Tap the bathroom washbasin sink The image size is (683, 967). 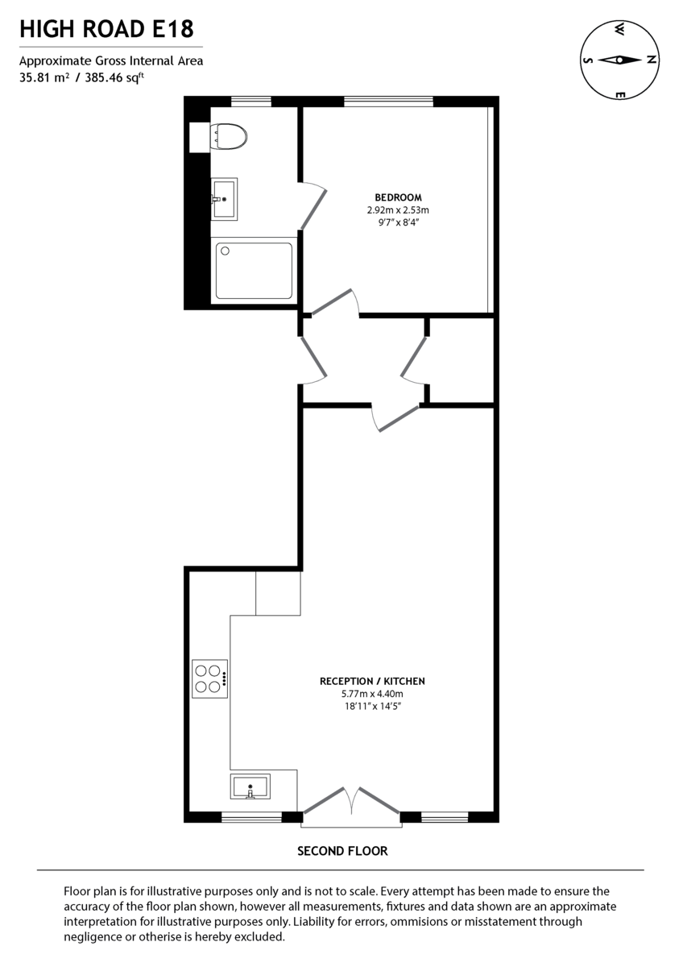224,198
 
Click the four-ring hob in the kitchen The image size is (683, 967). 209,678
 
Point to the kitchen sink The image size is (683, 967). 250,786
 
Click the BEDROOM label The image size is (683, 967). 398,197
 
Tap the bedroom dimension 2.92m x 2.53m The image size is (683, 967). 398,210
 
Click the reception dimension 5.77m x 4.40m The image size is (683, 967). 372,694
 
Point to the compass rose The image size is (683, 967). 619,60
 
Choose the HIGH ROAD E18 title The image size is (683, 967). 106,30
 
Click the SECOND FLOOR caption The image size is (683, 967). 342,851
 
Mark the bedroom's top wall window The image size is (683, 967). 388,101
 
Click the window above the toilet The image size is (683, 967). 250,101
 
